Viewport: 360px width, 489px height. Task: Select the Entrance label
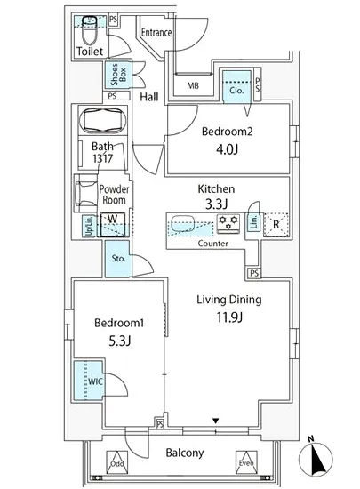[x=156, y=33]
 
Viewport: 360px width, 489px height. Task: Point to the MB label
[x=193, y=85]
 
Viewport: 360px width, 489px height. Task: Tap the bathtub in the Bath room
[x=104, y=121]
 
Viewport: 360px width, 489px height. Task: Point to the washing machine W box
[x=114, y=223]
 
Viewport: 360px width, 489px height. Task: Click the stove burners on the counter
[x=228, y=222]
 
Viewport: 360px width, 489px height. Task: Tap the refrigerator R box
[x=277, y=223]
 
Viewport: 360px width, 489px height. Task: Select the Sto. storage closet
[x=118, y=261]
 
